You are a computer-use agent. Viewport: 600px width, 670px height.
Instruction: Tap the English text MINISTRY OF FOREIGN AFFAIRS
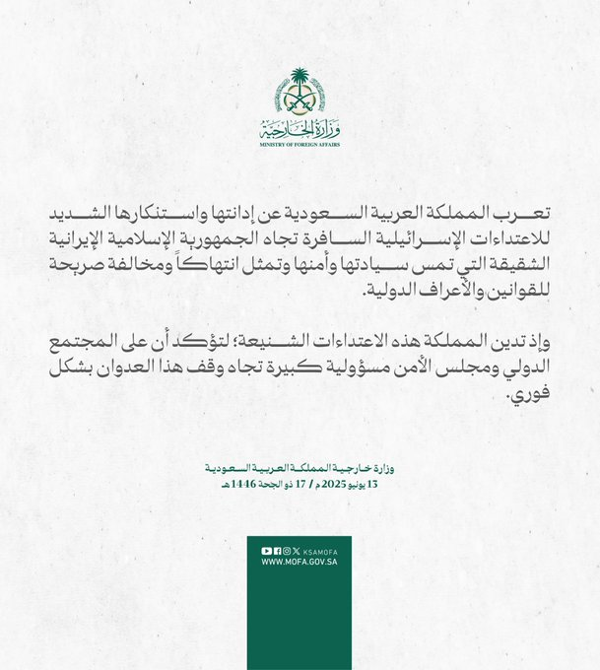pos(299,144)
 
